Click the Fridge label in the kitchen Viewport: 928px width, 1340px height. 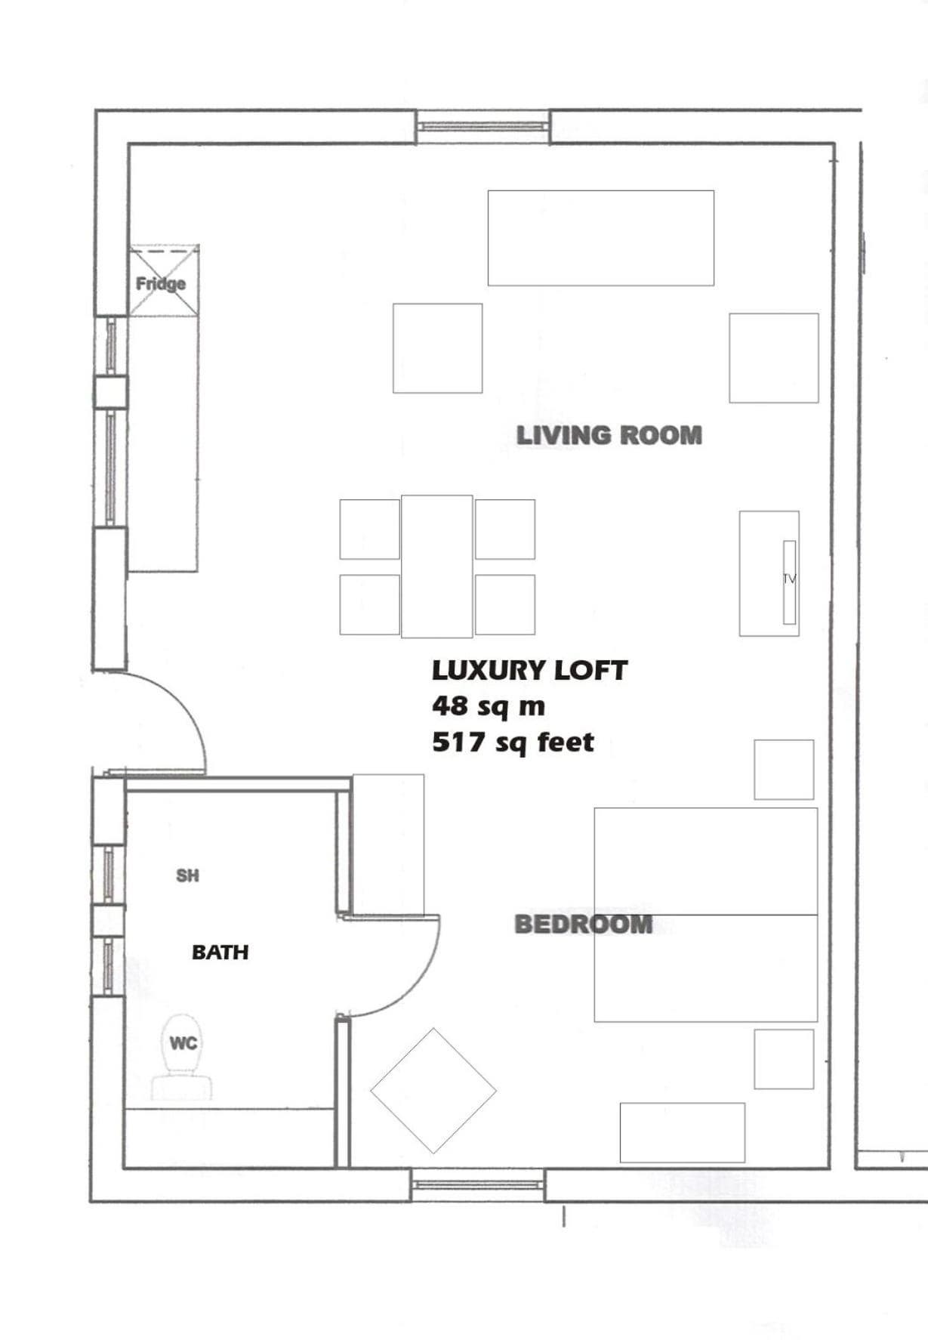point(161,284)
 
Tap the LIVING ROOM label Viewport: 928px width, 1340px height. point(609,435)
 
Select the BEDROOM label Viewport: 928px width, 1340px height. point(583,924)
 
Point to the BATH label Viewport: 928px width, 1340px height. point(220,952)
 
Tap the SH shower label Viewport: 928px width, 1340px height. point(187,875)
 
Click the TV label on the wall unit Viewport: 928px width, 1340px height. point(789,579)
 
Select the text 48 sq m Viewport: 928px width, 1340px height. point(489,706)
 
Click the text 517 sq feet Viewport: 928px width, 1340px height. point(513,743)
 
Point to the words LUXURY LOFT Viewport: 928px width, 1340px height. point(529,670)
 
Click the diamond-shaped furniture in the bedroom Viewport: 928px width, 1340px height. point(433,1091)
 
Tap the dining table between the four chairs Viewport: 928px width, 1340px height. point(437,567)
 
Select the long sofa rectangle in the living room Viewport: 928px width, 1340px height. point(601,238)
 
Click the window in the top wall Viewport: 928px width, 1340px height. point(483,127)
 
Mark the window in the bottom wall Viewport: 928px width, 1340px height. point(478,1184)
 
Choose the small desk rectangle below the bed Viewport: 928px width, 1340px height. point(683,1133)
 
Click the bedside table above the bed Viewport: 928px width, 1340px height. point(784,770)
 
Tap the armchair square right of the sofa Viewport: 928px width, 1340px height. point(774,358)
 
